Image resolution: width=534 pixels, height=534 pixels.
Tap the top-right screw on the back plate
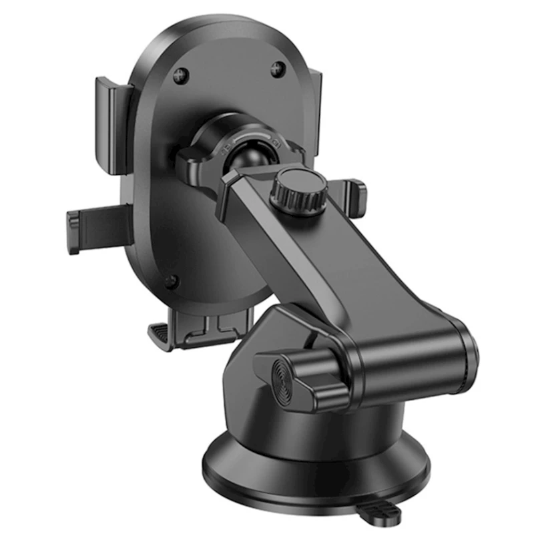pos(278,67)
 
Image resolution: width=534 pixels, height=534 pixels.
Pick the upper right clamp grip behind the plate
pos(315,100)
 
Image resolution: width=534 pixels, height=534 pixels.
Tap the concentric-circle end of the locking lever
pos(286,377)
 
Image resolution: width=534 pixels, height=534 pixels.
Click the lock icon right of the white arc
pos(280,143)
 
